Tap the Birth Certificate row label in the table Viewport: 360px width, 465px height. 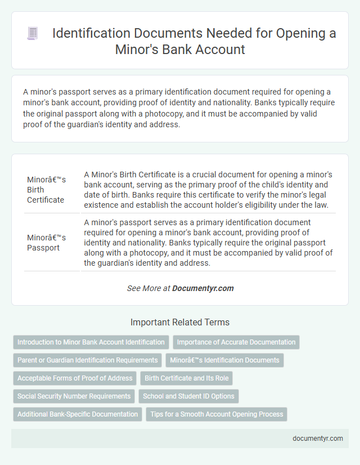tap(46, 189)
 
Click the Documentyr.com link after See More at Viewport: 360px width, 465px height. tap(202, 288)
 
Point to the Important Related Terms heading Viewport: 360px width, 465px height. tap(180, 323)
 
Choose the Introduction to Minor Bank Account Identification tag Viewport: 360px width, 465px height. tap(91, 342)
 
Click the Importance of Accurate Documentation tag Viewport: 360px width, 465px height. tap(236, 342)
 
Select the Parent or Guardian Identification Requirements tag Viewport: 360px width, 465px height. tap(87, 360)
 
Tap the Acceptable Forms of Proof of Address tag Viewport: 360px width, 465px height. tap(75, 378)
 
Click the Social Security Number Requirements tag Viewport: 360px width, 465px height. tap(74, 396)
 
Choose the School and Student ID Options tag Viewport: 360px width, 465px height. tap(188, 396)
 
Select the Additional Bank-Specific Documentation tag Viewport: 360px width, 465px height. tap(78, 414)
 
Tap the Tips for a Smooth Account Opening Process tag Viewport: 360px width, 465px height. tap(217, 414)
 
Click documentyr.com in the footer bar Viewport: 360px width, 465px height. tap(318, 438)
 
